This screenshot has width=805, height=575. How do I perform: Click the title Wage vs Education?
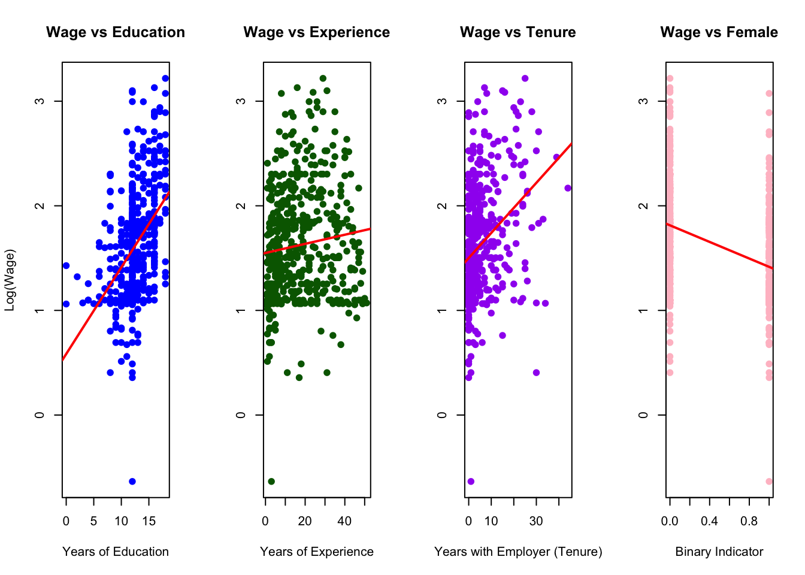click(116, 32)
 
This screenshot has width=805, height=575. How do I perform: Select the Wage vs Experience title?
click(316, 32)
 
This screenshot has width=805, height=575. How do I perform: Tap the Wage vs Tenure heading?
click(517, 32)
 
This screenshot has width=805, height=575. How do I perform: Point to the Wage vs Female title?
click(719, 32)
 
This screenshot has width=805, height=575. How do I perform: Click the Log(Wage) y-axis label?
click(10, 280)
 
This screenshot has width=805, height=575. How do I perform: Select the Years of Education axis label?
click(116, 552)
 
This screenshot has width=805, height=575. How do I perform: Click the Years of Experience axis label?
click(316, 552)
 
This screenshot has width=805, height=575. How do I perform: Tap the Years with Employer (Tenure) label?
click(518, 552)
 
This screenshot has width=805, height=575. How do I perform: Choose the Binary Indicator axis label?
click(719, 552)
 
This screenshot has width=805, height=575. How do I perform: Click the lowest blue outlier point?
click(132, 482)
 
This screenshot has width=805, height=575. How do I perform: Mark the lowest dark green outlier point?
click(271, 482)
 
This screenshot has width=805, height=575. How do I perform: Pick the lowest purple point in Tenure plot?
click(471, 482)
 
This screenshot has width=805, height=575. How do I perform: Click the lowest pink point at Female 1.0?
click(769, 482)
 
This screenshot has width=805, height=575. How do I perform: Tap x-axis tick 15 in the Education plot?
click(149, 521)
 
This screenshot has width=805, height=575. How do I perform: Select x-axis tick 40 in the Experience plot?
click(344, 521)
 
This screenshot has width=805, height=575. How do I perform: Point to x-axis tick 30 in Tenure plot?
click(536, 521)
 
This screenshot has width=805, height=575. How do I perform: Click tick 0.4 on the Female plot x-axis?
click(709, 521)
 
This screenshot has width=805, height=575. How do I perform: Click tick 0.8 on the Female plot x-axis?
click(749, 521)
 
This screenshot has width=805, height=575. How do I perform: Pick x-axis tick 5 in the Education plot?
click(94, 521)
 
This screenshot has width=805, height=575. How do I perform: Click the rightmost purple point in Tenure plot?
click(568, 188)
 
